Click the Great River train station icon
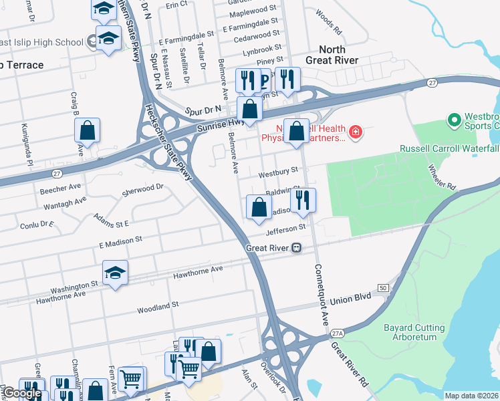point(295,248)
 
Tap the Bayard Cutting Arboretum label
point(414,332)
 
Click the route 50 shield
point(382,287)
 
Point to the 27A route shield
point(337,333)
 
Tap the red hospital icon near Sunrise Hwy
point(356,132)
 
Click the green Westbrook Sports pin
point(455,120)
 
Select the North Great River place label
point(332,55)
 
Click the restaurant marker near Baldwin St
point(303,200)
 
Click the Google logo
point(22,393)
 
